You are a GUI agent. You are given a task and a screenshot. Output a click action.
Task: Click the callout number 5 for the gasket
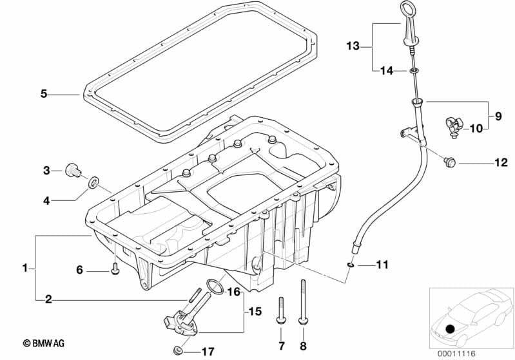(x=44, y=94)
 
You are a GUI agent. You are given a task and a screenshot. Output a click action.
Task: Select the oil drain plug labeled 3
(x=73, y=170)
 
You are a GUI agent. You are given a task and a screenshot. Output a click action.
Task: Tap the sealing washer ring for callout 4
(x=93, y=182)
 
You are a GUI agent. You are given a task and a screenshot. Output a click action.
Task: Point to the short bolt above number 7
(x=281, y=311)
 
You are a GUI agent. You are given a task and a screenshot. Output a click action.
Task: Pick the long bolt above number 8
(x=303, y=302)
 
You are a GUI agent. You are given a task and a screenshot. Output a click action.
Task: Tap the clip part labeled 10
(x=454, y=128)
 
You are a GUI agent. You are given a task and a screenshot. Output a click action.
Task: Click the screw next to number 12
(x=449, y=162)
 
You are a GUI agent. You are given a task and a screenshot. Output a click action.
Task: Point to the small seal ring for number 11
(x=351, y=265)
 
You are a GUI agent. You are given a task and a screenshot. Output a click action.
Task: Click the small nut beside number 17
(x=178, y=350)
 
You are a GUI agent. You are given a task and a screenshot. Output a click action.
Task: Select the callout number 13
(x=353, y=46)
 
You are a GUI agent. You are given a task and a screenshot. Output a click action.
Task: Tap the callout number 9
(x=498, y=116)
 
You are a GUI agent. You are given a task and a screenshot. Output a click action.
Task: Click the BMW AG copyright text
(x=44, y=343)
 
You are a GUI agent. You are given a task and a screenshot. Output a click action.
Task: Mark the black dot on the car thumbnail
(x=450, y=328)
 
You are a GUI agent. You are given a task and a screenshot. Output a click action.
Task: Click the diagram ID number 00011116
(x=456, y=354)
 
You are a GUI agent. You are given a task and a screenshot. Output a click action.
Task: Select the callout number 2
(x=48, y=299)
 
